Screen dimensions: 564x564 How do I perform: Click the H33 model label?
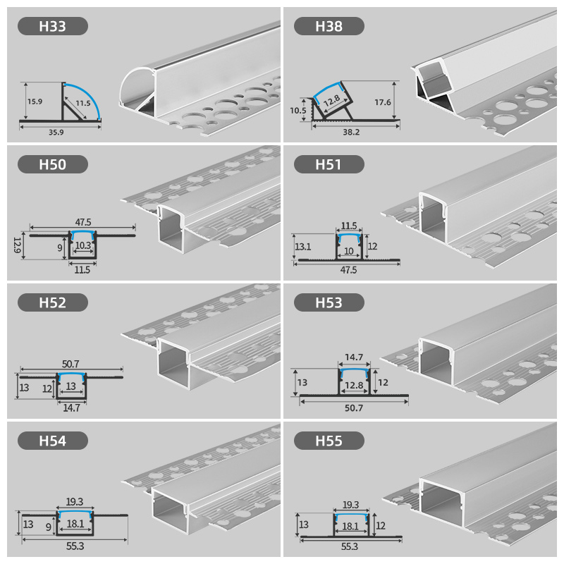tap(53, 27)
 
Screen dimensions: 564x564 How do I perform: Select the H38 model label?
tap(329, 27)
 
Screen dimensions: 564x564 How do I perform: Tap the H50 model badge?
tap(53, 165)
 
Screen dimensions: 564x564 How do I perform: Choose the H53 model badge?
tap(329, 303)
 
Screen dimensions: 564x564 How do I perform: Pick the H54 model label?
tap(53, 441)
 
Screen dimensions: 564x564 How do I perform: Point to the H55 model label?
tap(329, 441)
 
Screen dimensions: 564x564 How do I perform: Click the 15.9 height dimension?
tap(35, 101)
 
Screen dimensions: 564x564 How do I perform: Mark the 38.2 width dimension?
tap(350, 132)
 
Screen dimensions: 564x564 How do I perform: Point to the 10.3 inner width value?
tap(83, 245)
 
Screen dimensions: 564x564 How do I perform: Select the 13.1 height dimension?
tap(302, 246)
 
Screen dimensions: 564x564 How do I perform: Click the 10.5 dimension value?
tap(298, 110)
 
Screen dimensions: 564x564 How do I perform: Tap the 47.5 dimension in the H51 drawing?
tap(348, 269)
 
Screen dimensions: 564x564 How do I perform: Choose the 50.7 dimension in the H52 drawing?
tap(70, 363)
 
